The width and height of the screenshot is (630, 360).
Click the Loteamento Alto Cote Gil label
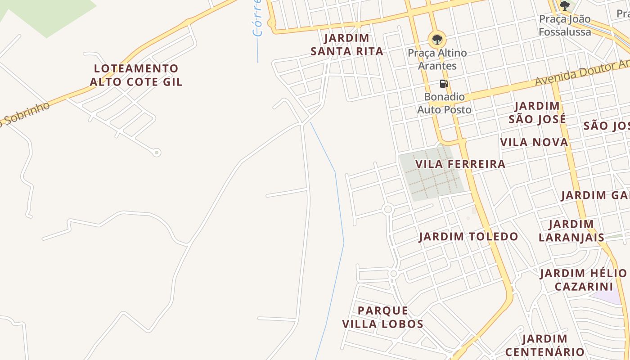pos(136,75)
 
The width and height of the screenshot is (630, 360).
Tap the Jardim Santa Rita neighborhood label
pos(347,45)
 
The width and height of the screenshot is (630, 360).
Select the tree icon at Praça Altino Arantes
pos(436,39)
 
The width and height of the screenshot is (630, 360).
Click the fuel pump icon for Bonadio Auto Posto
pos(444,84)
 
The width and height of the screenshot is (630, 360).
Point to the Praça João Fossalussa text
pos(565,26)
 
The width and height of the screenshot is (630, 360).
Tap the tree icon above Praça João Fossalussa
pos(565,6)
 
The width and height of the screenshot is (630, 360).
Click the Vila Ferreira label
pos(460,164)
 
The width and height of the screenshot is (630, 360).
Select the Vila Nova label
pos(534,143)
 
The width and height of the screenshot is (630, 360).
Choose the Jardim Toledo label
pos(468,237)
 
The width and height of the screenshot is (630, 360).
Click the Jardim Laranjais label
pos(571,231)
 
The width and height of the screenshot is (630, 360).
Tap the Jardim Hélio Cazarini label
pos(584,280)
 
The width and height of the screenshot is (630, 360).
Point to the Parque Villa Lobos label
pos(383,317)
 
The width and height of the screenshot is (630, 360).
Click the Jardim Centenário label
pos(545,345)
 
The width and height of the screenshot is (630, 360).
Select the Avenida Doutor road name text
pos(580,73)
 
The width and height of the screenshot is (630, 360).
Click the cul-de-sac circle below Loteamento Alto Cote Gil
pos(157,153)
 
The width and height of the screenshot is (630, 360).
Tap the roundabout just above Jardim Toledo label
pos(388,209)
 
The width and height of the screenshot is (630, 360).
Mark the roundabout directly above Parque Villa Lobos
pos(394,274)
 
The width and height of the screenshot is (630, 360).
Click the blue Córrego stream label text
pos(257,18)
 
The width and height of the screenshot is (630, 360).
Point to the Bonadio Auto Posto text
pos(444,103)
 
